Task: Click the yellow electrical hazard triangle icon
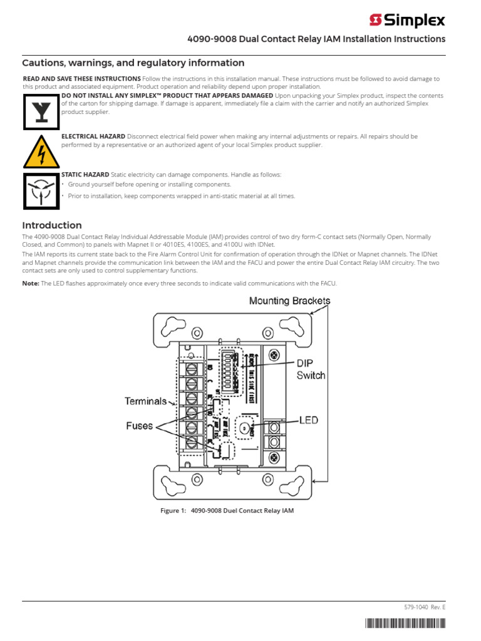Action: click(41, 150)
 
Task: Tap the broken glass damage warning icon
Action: click(41, 110)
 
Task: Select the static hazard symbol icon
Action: click(41, 190)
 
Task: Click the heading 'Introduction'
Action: click(52, 225)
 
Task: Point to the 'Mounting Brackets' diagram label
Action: click(289, 300)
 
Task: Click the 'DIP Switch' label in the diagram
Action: click(311, 369)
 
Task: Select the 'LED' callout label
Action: click(308, 420)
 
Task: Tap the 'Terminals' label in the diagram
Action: click(145, 401)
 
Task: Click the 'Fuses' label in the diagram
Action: click(139, 426)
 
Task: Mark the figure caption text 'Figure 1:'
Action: click(173, 511)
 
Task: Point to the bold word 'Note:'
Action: click(31, 284)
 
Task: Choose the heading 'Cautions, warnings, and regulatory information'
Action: click(133, 63)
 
